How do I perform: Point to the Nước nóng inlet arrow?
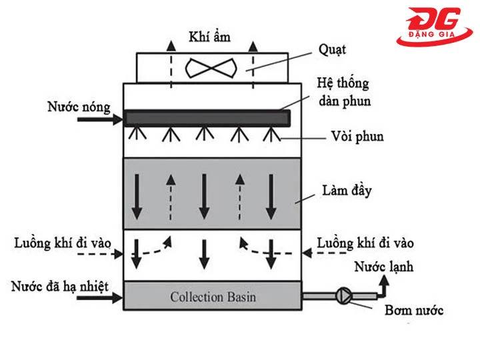pyautogui.click(x=99, y=119)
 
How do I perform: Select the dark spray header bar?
pyautogui.click(x=207, y=119)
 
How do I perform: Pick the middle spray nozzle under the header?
pyautogui.click(x=204, y=135)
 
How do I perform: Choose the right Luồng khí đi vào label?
pyautogui.click(x=365, y=241)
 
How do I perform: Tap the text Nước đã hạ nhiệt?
pyautogui.click(x=59, y=286)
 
